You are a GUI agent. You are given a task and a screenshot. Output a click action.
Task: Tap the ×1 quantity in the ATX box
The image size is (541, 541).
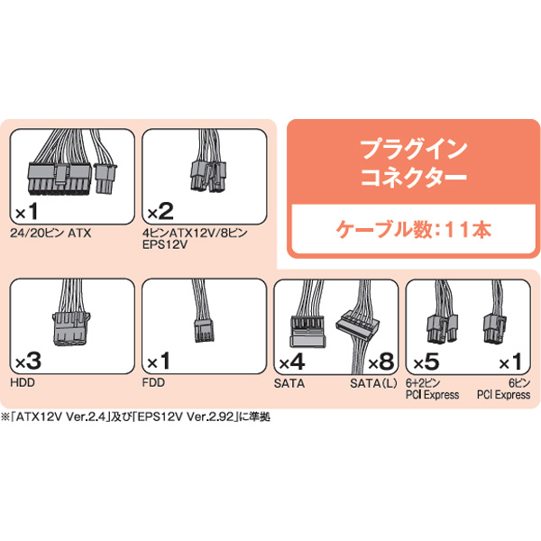pos(27,212)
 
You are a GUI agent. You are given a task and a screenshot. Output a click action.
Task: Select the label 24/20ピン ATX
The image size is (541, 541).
pos(50,234)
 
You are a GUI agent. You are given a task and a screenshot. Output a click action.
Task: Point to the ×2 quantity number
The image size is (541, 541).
pos(160,212)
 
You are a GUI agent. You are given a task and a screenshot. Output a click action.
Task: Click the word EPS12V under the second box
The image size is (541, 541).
pos(165,244)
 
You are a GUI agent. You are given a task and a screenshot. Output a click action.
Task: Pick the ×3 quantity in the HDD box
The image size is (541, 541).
pos(28,362)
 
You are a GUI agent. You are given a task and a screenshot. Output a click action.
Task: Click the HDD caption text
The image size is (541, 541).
pos(23,382)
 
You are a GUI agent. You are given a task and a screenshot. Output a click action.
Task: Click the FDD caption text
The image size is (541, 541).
pos(153,382)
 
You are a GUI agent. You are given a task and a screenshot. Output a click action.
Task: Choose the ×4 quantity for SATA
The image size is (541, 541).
pos(292,362)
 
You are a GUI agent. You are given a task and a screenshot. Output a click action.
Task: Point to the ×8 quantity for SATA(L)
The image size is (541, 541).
pos(381,362)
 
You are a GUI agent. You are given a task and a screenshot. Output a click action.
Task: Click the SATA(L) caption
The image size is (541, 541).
pos(373,383)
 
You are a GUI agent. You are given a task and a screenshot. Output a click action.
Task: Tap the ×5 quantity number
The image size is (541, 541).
pos(426,362)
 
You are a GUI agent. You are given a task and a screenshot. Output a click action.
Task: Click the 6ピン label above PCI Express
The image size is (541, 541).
pos(519,383)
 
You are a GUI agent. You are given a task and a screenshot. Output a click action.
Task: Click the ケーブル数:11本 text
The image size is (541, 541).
pos(413,229)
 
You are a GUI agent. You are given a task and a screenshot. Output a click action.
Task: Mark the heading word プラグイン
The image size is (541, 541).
pos(414,150)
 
